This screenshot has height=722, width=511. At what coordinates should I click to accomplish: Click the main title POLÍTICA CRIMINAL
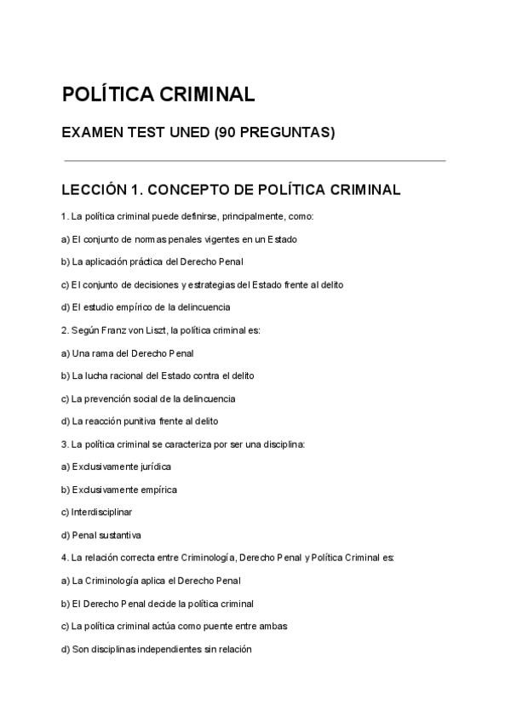[x=158, y=95]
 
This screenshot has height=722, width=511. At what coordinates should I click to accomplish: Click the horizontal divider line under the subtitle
[x=255, y=160]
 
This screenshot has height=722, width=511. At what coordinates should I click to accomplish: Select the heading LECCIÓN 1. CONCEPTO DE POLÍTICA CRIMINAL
[x=231, y=190]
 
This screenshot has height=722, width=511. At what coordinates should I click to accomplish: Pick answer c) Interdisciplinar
[x=96, y=513]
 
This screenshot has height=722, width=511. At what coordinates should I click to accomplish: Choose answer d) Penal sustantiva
[x=101, y=536]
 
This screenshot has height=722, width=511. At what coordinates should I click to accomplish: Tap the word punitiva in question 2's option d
[x=150, y=421]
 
